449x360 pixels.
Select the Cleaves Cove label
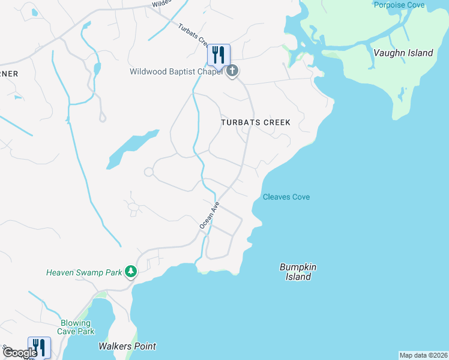(286, 197)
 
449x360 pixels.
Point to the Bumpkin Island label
(298, 272)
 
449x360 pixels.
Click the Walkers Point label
(127, 346)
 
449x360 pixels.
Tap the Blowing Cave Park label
(76, 326)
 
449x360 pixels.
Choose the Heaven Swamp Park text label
(84, 272)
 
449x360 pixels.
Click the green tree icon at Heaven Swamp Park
(131, 272)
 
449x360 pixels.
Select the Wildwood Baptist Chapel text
(176, 72)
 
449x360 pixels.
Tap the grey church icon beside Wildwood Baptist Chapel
(232, 71)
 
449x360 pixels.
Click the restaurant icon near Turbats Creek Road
(218, 55)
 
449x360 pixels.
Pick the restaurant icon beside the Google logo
(39, 347)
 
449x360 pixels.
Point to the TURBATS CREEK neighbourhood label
(255, 122)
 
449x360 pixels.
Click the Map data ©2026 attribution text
(423, 355)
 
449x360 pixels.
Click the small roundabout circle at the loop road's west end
(148, 172)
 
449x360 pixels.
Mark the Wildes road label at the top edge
(161, 3)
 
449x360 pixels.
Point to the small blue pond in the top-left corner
(34, 12)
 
